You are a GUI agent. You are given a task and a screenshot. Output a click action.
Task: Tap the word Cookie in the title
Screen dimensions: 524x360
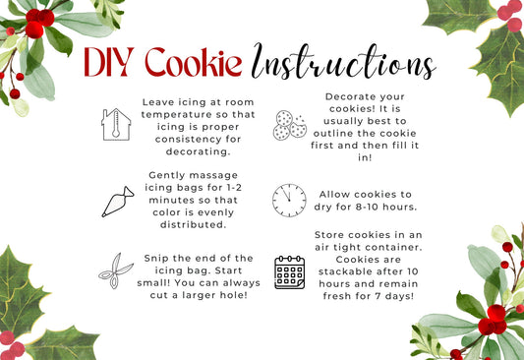[193, 62]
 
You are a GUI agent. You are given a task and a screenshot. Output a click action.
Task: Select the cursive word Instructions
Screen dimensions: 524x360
[344, 62]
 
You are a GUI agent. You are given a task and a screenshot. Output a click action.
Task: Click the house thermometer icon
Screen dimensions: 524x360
[116, 124]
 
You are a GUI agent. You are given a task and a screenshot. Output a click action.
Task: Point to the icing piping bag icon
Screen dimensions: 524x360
[118, 202]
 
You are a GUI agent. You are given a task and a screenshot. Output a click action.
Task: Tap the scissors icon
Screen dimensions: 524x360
[116, 270]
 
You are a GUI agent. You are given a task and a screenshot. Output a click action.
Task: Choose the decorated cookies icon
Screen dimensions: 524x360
[290, 125]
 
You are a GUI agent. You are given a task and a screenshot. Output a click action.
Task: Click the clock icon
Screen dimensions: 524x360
[289, 201]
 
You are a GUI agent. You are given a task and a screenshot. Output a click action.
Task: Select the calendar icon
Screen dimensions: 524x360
[290, 272]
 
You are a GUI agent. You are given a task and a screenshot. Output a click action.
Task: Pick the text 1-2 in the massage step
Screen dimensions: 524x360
[234, 188]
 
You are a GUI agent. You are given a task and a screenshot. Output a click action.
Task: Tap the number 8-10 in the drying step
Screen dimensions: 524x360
[368, 207]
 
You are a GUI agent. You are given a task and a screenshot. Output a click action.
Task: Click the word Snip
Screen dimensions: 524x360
[157, 259]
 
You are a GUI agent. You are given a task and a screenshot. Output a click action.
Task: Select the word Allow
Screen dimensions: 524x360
[335, 194]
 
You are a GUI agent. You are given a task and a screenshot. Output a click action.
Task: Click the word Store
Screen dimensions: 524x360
[329, 235]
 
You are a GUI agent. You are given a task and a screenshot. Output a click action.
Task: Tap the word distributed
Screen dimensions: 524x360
[193, 224]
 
